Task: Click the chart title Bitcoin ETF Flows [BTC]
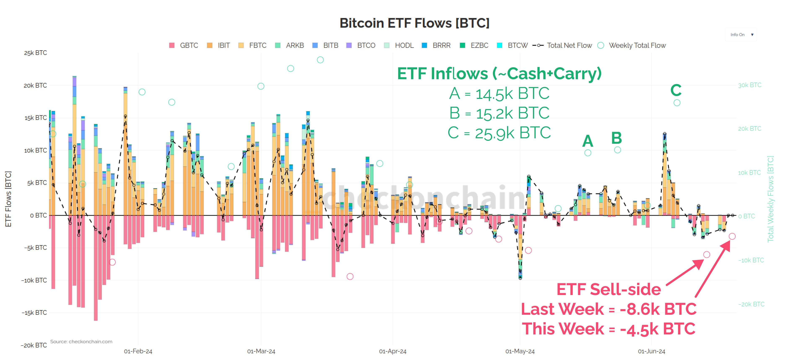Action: [414, 23]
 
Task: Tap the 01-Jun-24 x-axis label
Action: [651, 351]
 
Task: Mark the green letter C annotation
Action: [676, 90]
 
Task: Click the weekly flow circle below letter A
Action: [588, 153]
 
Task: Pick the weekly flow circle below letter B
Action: [617, 150]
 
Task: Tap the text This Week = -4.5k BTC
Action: [609, 329]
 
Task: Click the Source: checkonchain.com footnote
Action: [81, 342]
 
